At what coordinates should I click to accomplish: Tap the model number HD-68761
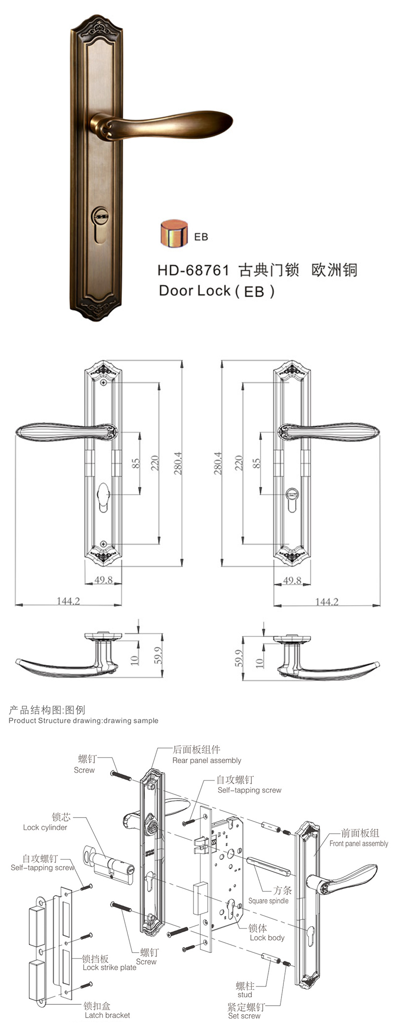coord(193,270)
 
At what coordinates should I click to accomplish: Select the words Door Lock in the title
coord(195,290)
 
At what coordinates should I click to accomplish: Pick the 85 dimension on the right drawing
coord(256,463)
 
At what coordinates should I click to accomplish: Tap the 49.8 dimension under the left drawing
coord(103,580)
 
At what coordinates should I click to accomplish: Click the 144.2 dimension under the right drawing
coord(327,602)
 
